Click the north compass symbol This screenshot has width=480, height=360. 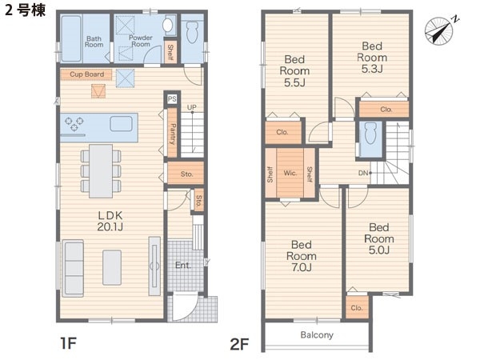(x=439, y=31)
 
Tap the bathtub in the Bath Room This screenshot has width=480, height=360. (x=71, y=38)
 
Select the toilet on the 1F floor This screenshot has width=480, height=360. (x=192, y=32)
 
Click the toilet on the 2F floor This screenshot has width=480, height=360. (x=370, y=133)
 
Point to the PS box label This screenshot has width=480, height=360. (x=172, y=98)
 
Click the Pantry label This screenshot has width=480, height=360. (x=172, y=134)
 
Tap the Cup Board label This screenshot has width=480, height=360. (x=86, y=74)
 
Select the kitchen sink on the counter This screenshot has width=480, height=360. (x=121, y=124)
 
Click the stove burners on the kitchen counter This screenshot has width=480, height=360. (x=74, y=124)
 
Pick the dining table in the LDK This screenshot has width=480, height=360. (x=101, y=171)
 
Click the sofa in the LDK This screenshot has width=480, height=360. (x=73, y=269)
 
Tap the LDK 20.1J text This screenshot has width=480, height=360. (x=110, y=221)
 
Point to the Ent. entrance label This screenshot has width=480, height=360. (x=183, y=265)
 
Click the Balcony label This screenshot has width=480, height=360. (x=317, y=335)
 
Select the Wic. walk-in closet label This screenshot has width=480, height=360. (x=290, y=173)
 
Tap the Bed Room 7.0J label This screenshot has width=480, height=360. (x=302, y=256)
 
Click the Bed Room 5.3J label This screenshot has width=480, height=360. (x=372, y=58)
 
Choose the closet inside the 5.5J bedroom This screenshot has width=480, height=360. (x=283, y=132)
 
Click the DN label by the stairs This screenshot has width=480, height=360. (x=363, y=173)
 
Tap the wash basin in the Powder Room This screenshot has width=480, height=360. (x=168, y=25)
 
